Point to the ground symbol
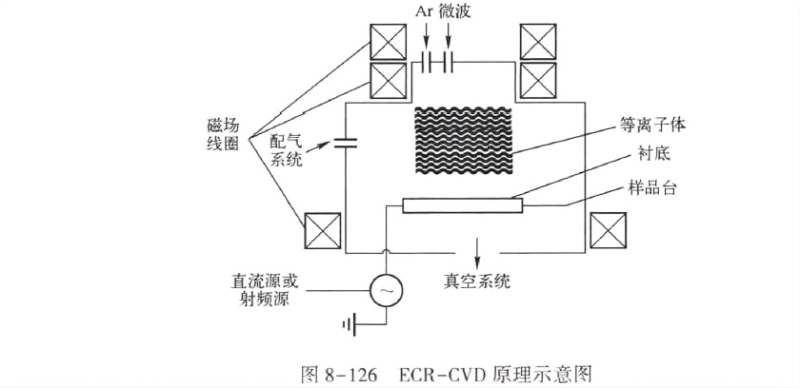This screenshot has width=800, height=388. click(x=349, y=325)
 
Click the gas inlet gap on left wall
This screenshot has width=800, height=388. click(x=345, y=145)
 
